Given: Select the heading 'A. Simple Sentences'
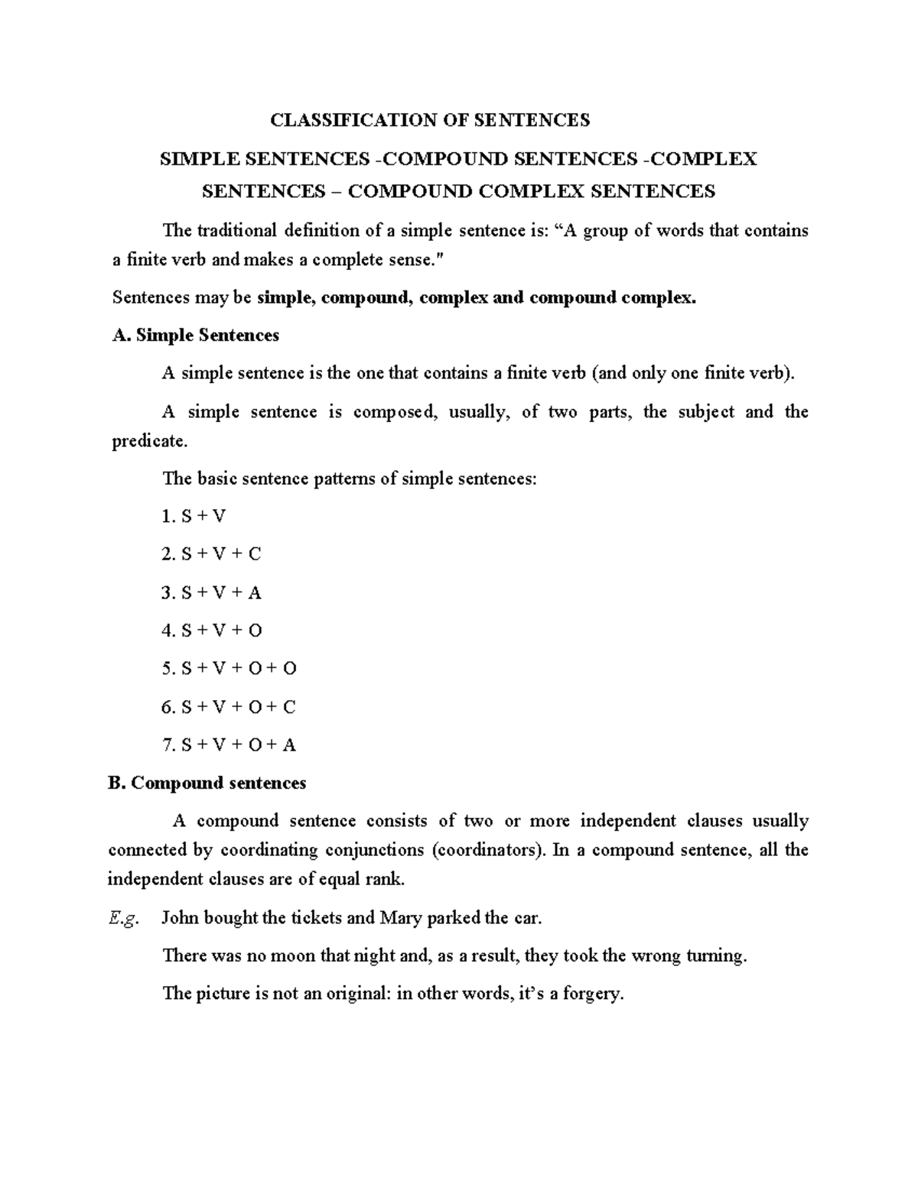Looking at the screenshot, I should [x=195, y=336].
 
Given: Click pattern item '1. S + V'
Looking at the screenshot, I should [x=194, y=517].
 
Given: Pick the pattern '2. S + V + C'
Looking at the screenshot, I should [x=212, y=554].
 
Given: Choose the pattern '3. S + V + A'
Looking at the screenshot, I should [x=212, y=593].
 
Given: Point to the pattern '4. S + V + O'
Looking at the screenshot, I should [x=212, y=631].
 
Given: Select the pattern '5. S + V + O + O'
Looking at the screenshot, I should [x=229, y=669].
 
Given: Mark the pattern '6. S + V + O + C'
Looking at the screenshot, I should [x=229, y=707].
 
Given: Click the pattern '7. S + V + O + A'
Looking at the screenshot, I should [x=229, y=745].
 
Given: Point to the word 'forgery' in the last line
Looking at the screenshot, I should [x=593, y=994].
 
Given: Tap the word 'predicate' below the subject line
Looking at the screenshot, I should [x=148, y=442].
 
